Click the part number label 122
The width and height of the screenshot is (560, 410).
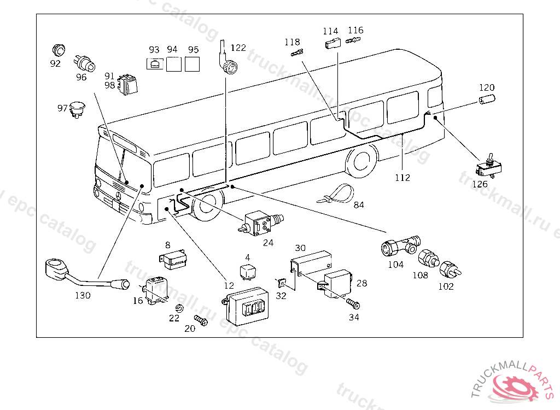238,48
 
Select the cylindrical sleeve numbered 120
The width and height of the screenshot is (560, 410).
486,101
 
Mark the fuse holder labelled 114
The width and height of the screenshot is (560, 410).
331,44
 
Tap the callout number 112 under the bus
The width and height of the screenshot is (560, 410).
402,178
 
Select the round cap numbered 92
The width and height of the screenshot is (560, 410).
58,49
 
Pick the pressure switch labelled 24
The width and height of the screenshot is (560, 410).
258,222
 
